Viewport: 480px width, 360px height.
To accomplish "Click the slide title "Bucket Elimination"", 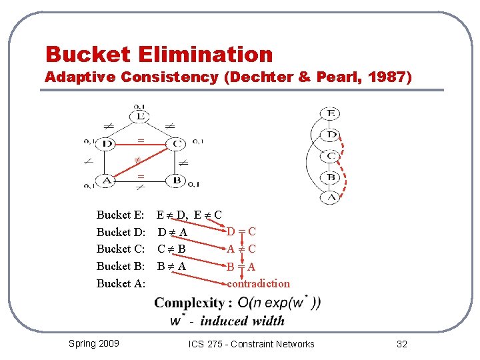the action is tap(159, 54).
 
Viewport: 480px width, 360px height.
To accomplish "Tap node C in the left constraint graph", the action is tap(177, 143).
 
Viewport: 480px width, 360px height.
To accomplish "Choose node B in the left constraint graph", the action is tap(177, 180).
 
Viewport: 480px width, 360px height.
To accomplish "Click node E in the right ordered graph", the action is tap(331, 114).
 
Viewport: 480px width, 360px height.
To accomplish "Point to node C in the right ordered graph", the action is tap(331, 156).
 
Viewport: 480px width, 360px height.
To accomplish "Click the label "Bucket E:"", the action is tap(121, 215).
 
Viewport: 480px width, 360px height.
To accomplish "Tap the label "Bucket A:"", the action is tap(121, 283).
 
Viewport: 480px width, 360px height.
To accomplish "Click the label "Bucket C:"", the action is tap(121, 249).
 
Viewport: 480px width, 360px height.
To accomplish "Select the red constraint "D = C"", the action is tap(241, 232).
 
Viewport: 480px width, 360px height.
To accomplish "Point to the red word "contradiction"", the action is tap(258, 283).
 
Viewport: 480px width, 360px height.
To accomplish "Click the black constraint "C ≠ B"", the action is tap(171, 249).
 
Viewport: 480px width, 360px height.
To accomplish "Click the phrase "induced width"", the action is tap(242, 321).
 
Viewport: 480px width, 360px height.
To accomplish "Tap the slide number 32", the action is tap(401, 344).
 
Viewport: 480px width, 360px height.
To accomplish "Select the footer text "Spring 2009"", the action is tap(94, 343).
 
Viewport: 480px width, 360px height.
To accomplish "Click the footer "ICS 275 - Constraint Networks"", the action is tap(251, 344).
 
